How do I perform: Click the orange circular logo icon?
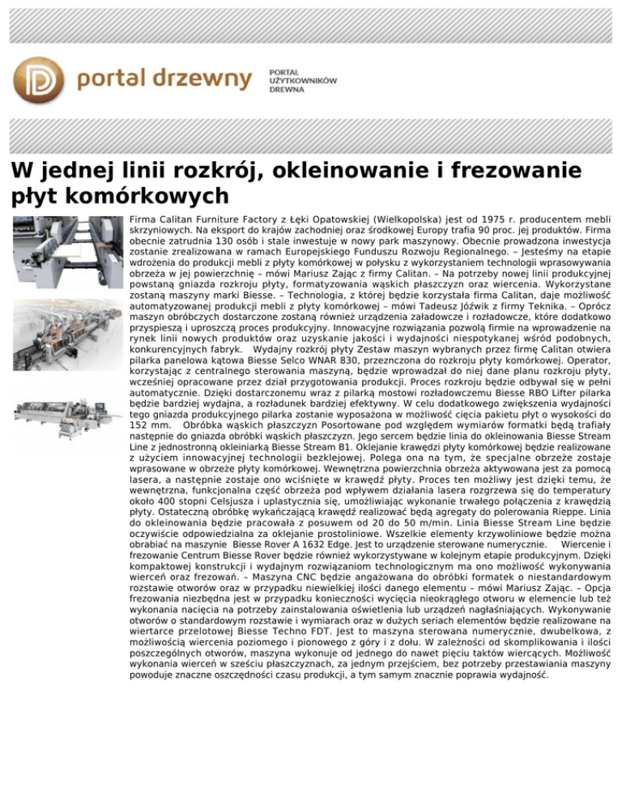click(x=38, y=80)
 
